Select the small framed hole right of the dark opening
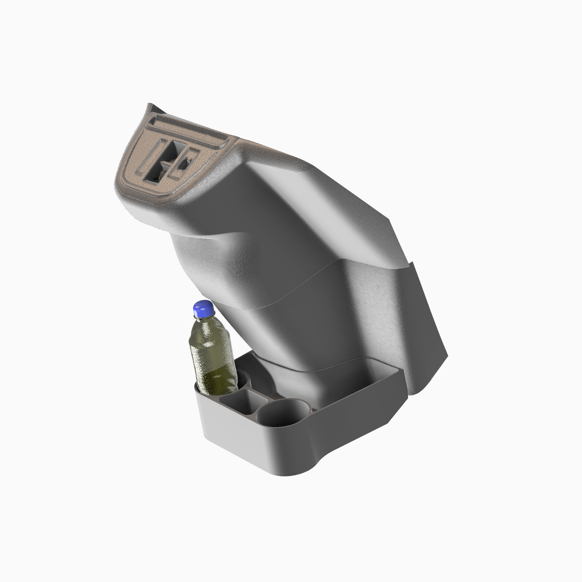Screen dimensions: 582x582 pos(184,163)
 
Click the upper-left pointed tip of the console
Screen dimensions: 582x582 pos(150,106)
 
